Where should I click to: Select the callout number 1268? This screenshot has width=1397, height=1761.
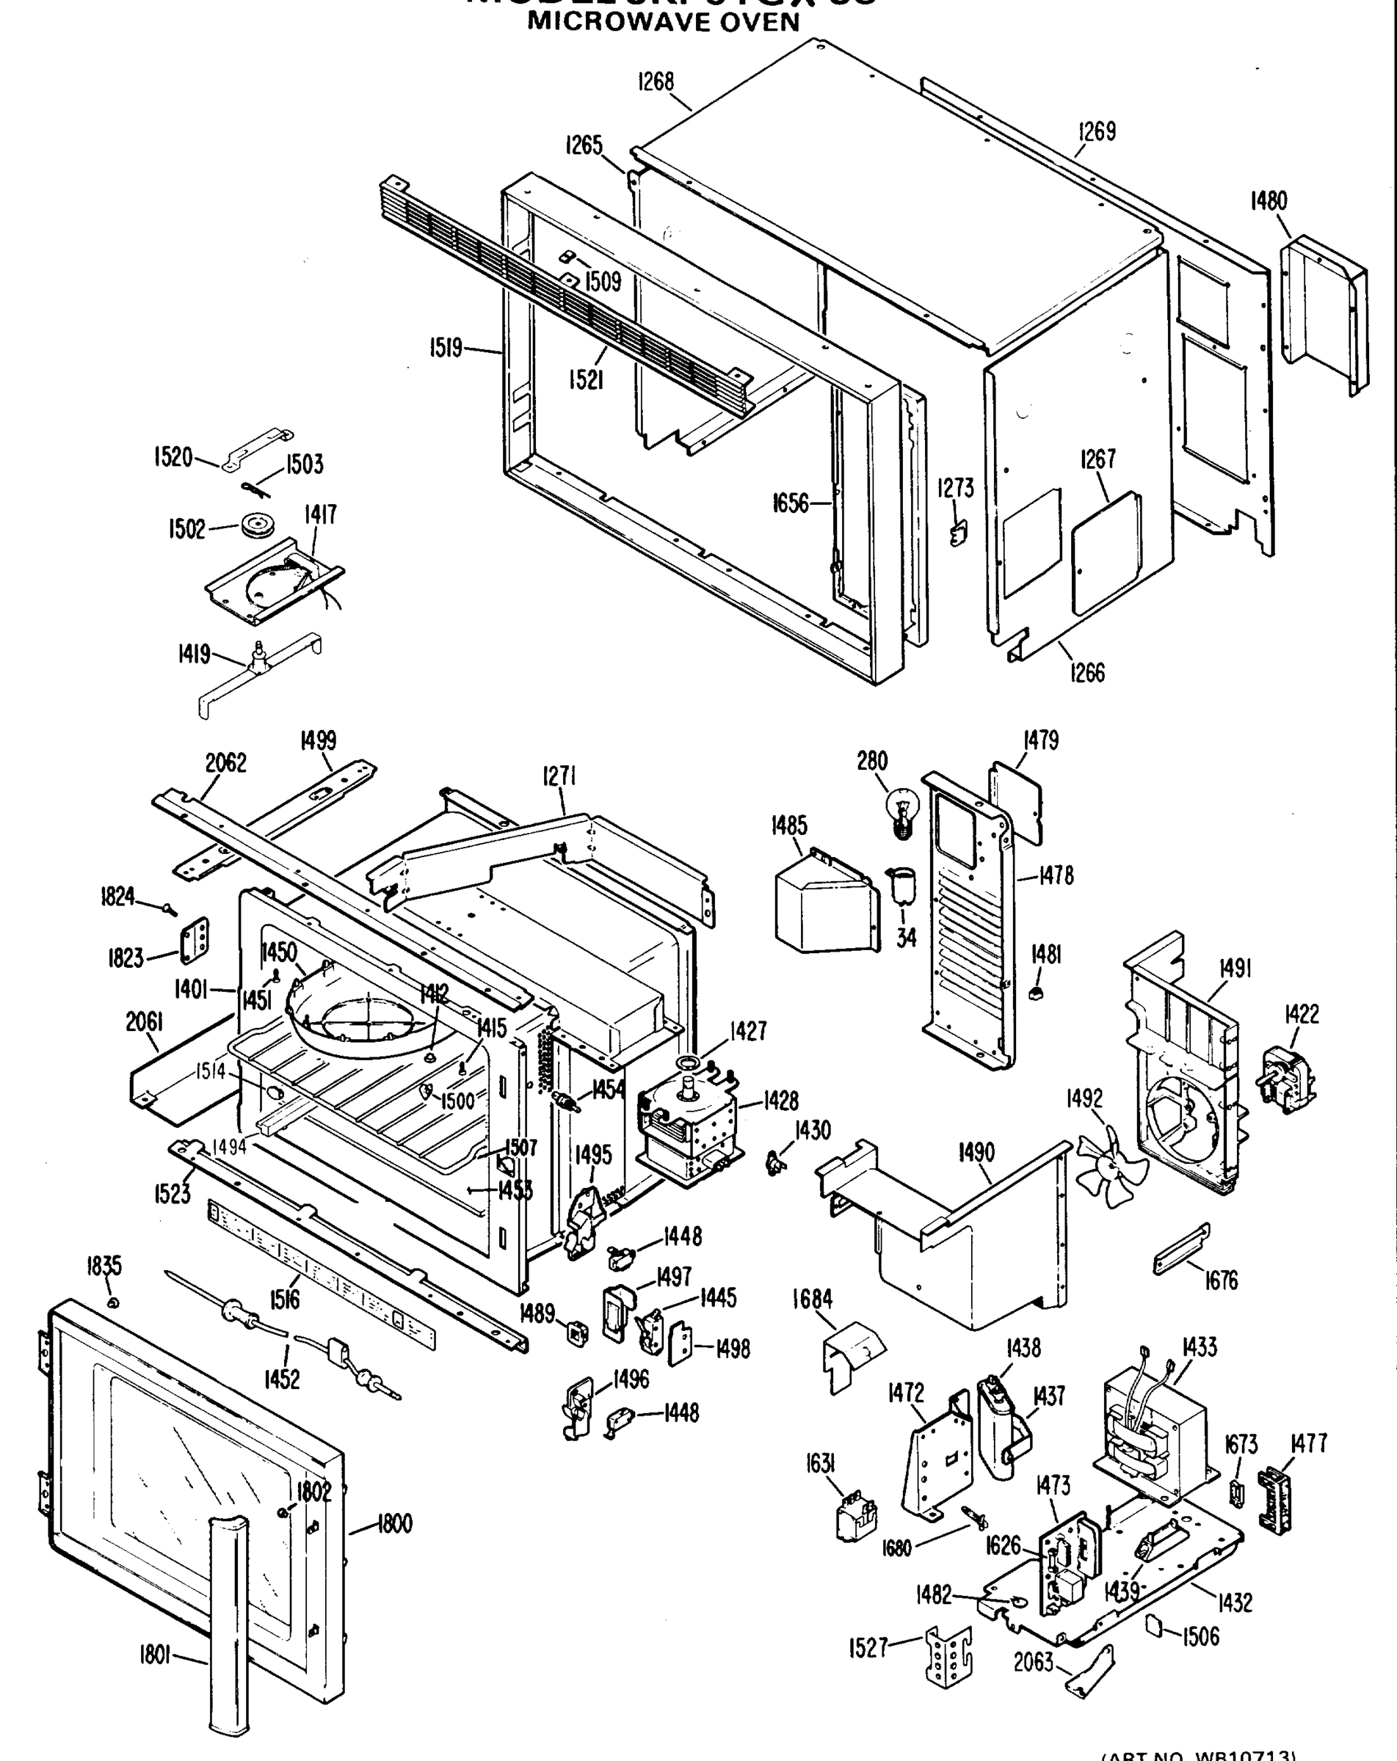656,81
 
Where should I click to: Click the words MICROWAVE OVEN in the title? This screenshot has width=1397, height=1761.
664,21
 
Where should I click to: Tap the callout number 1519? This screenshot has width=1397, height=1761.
446,348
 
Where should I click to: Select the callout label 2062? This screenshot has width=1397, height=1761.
225,762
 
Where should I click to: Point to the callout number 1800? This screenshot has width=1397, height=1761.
395,1523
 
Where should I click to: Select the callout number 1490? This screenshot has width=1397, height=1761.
976,1153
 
